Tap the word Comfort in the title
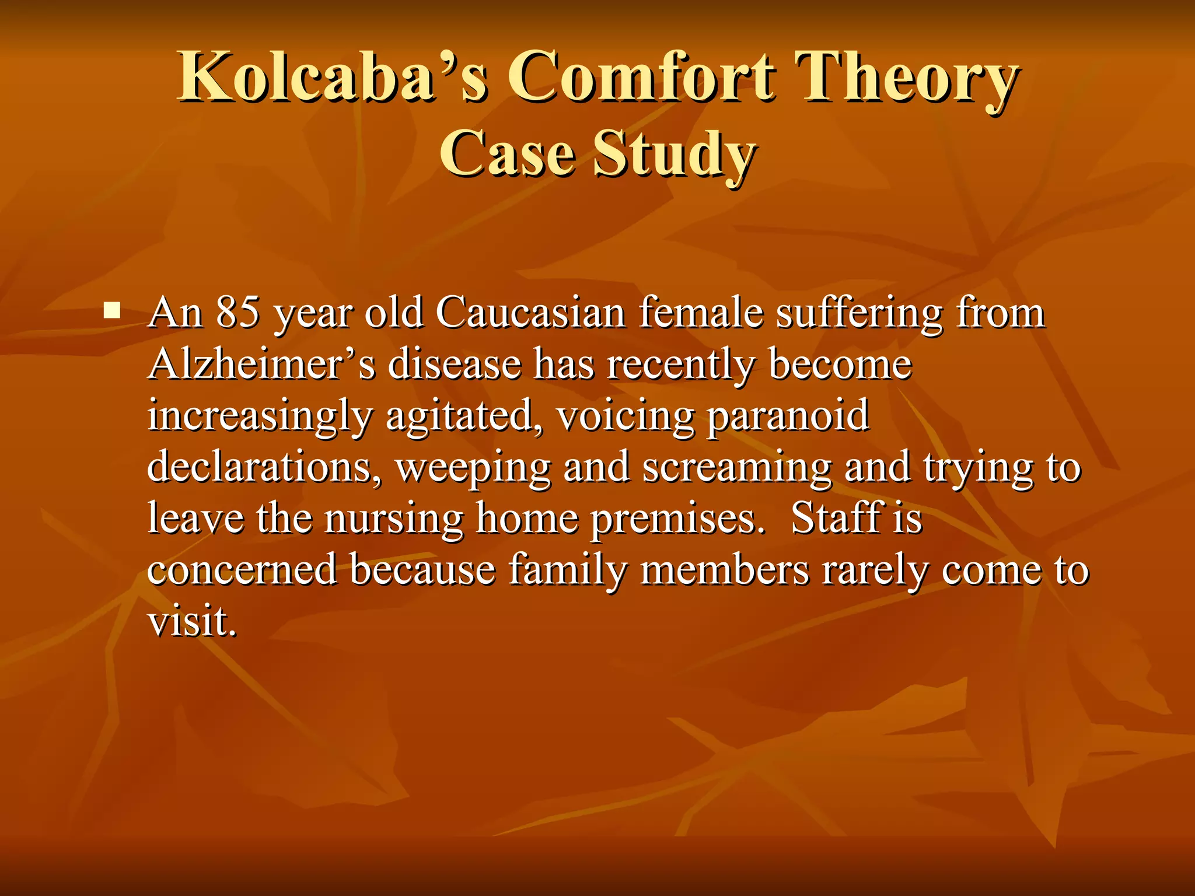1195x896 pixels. point(641,77)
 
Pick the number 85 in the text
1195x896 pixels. point(237,312)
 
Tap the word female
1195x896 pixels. point(700,312)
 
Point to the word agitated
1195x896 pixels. point(463,416)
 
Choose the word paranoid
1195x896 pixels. point(788,416)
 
